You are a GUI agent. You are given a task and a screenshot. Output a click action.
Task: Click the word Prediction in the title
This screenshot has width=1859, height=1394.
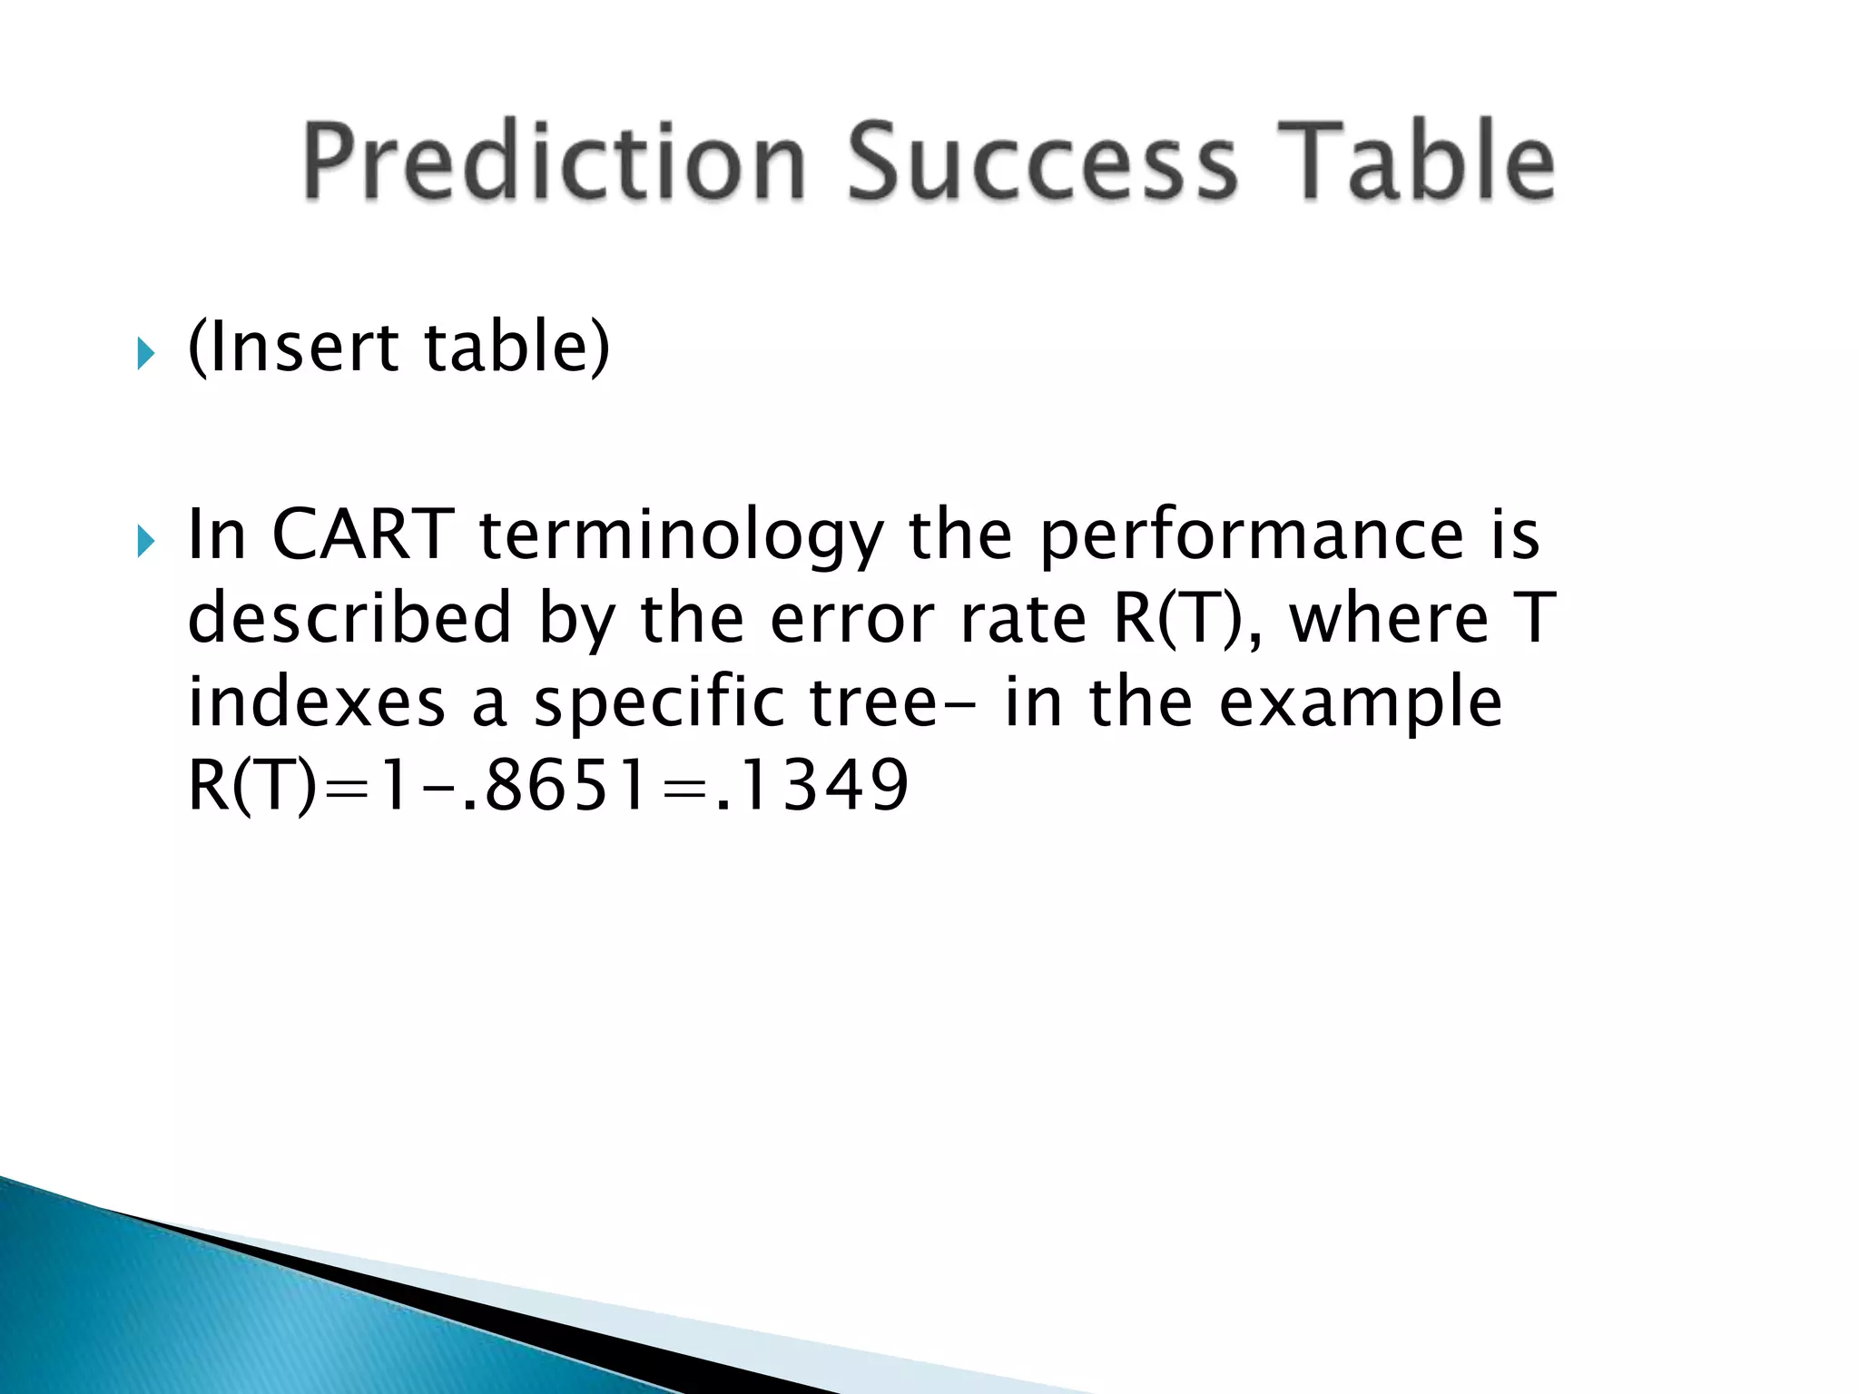pos(554,162)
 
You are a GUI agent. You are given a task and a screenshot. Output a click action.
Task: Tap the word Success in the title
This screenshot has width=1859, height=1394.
pos(1042,162)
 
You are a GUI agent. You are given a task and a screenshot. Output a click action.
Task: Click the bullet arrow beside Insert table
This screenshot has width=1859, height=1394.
pos(146,353)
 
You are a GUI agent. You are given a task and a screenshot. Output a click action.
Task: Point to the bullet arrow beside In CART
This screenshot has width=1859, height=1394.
pos(146,542)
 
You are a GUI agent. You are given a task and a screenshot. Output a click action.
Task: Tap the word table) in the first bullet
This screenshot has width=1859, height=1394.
pos(517,348)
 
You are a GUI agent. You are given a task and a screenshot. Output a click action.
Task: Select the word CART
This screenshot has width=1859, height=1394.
pos(362,535)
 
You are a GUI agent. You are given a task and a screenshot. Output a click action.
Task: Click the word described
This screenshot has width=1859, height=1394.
pos(349,618)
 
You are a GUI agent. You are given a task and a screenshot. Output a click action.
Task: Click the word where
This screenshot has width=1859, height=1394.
pos(1390,618)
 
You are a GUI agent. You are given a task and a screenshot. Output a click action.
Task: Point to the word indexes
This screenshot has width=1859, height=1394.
pos(317,702)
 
